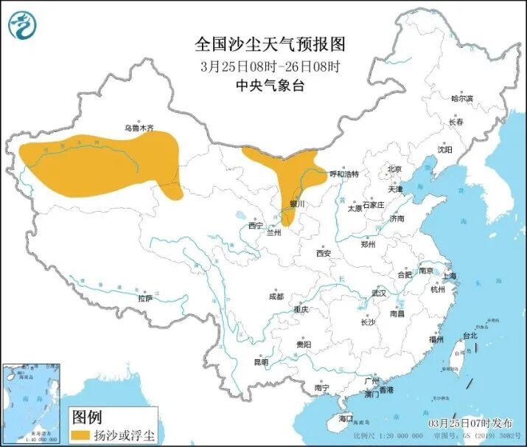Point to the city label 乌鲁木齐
click(139, 128)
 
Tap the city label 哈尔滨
click(462, 98)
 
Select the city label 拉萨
click(145, 298)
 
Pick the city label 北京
click(395, 170)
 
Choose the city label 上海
click(449, 275)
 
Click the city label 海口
click(346, 418)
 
